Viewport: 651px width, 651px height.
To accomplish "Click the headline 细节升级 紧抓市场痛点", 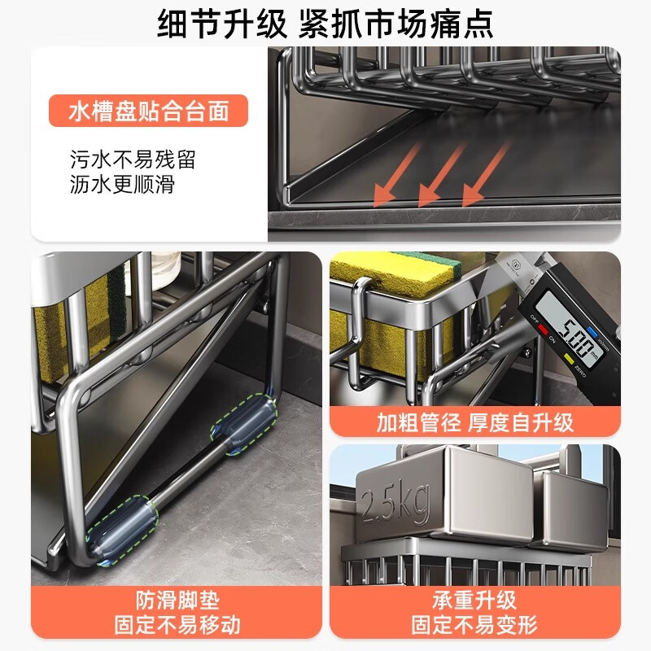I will (x=325, y=24).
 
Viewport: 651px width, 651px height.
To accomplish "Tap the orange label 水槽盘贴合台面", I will (x=147, y=110).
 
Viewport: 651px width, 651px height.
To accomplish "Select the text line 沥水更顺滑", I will (x=121, y=184).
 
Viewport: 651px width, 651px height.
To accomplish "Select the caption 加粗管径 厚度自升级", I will (x=474, y=423).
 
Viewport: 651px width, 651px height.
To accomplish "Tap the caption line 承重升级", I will (x=474, y=601).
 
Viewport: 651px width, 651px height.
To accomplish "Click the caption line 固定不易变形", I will (x=474, y=626).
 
